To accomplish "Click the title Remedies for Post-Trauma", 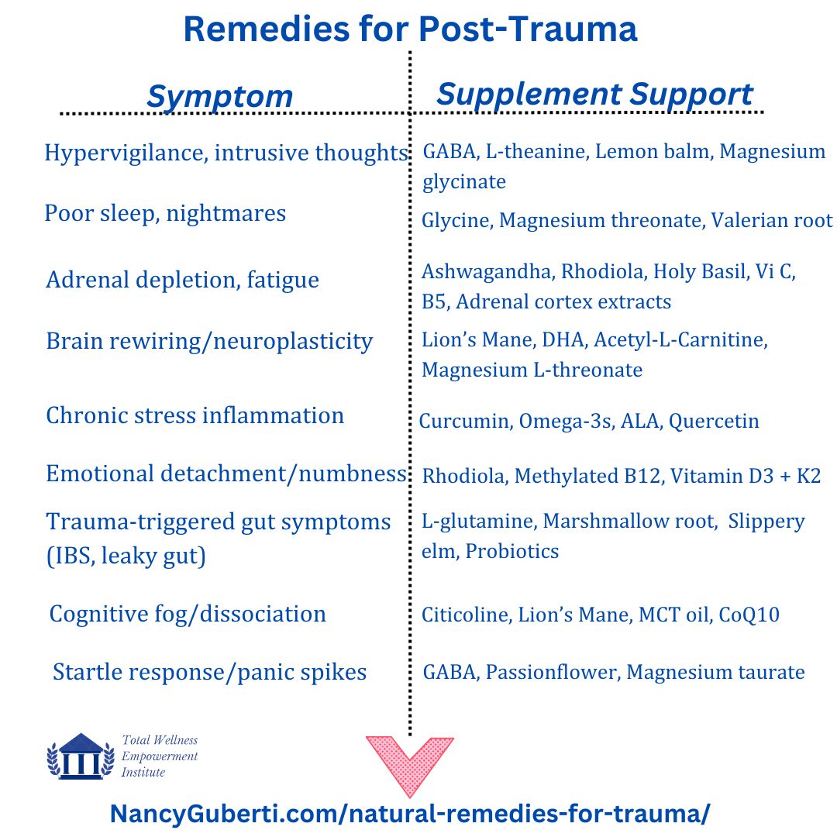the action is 410,29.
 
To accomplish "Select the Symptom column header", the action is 220,97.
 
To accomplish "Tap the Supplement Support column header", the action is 594,95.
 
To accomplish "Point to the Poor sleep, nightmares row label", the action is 166,214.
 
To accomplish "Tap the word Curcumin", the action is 466,421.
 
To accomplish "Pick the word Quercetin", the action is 714,421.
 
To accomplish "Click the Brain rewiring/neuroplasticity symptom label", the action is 209,342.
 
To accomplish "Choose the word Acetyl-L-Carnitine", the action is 680,340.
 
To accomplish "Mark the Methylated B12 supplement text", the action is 589,476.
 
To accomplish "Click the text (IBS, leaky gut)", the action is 126,556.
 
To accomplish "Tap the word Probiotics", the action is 512,551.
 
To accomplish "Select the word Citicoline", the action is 467,615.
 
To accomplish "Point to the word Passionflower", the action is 553,672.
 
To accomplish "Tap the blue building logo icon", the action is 81,756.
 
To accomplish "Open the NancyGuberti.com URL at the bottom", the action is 410,814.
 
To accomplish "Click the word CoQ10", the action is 749,615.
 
